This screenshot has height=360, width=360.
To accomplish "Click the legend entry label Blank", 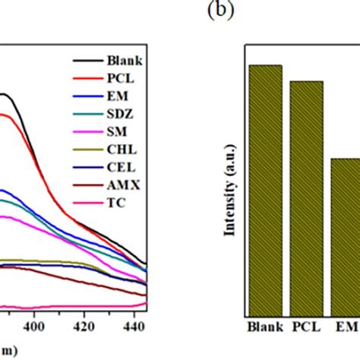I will (126, 61).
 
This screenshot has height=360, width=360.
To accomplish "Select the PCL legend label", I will (122, 78).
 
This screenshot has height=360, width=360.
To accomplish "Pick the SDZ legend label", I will (122, 115).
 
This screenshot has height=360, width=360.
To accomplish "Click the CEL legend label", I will (122, 169).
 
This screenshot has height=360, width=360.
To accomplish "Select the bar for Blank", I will (266, 190).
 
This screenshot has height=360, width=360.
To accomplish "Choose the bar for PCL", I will (307, 197).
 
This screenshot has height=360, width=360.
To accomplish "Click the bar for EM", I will (346, 236).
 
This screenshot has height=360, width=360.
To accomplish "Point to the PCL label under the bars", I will (307, 329).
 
